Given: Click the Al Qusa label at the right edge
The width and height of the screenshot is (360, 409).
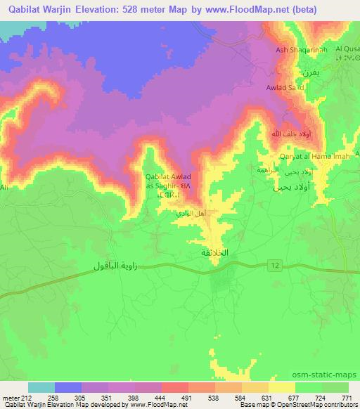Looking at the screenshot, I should coord(347,48).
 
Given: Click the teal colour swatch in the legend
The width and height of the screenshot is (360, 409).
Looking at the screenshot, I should coord(41,387).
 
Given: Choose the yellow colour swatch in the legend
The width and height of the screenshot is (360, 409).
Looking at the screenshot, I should coord(282,387).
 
